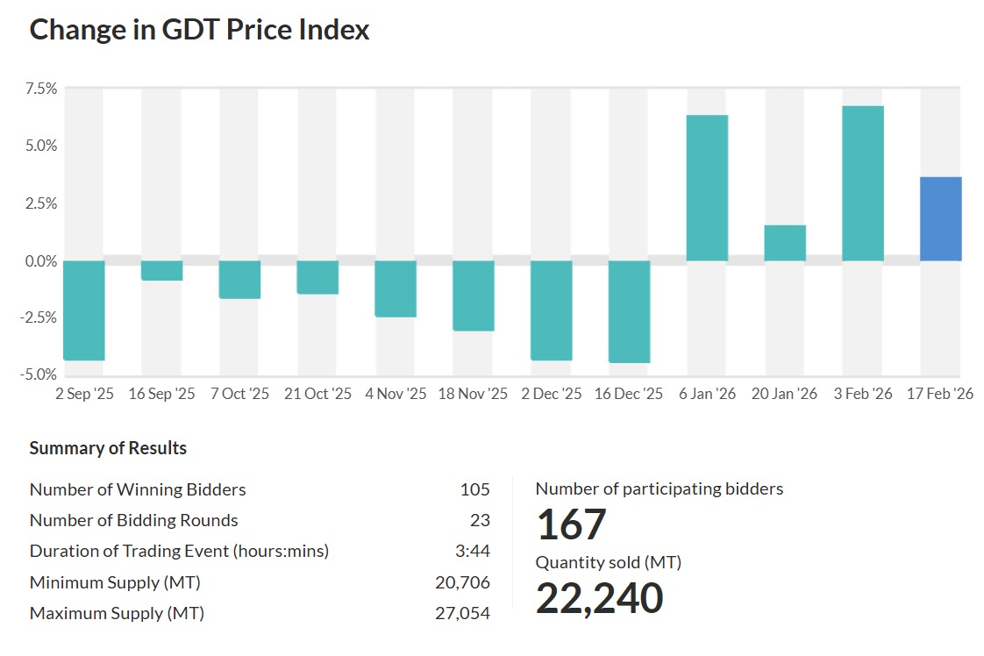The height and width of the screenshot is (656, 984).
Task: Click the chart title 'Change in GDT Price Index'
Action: pyautogui.click(x=200, y=30)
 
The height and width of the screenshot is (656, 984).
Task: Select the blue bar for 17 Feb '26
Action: pyautogui.click(x=940, y=219)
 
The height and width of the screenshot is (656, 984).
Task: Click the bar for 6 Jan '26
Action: pyautogui.click(x=707, y=188)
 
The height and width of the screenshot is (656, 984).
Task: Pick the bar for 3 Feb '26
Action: pyautogui.click(x=863, y=183)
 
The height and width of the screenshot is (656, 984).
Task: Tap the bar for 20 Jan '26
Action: pyautogui.click(x=785, y=243)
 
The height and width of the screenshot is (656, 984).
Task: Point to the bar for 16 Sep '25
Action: pyautogui.click(x=162, y=270)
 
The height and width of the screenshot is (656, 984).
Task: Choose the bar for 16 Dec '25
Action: pyautogui.click(x=629, y=311)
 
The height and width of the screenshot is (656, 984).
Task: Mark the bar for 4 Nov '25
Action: pyautogui.click(x=396, y=289)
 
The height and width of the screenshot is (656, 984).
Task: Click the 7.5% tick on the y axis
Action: pyautogui.click(x=40, y=89)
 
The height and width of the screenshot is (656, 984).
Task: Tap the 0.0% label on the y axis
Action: pyautogui.click(x=40, y=260)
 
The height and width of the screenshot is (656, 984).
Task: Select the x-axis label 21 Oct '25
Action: pyautogui.click(x=317, y=394)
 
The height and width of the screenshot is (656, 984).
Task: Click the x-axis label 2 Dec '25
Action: pyautogui.click(x=552, y=394)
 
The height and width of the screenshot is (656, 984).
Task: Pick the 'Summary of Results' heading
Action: pyautogui.click(x=108, y=448)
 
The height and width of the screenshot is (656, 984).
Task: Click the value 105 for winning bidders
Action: pyautogui.click(x=474, y=489)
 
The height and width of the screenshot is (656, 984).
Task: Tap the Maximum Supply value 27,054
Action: pyautogui.click(x=462, y=613)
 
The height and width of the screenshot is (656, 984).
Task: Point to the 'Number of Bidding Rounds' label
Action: pyautogui.click(x=133, y=520)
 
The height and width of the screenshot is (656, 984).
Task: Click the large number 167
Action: pyautogui.click(x=571, y=524)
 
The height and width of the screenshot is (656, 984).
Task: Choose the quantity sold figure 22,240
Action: pyautogui.click(x=599, y=598)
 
